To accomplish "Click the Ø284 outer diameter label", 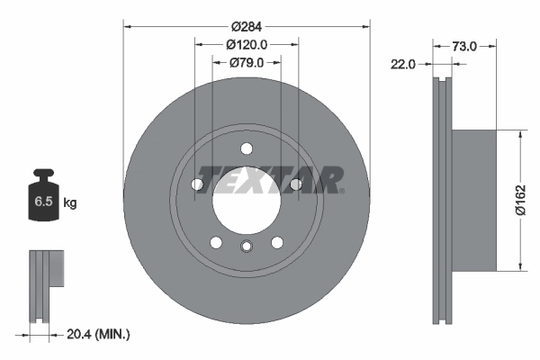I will pyautogui.click(x=247, y=26).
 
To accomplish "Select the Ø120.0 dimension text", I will pyautogui.click(x=247, y=44).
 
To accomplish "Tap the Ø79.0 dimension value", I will pyautogui.click(x=247, y=62).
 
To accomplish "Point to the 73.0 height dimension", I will pyautogui.click(x=463, y=45).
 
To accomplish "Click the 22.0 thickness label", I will pyautogui.click(x=402, y=63).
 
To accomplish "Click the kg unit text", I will pyautogui.click(x=70, y=203).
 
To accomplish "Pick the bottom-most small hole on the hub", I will pyautogui.click(x=246, y=247).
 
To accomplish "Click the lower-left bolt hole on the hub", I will pyautogui.click(x=215, y=241).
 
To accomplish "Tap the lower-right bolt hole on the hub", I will pyautogui.click(x=276, y=241).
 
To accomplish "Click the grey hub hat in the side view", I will pyautogui.click(x=472, y=200).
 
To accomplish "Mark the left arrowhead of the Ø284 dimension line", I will pyautogui.click(x=126, y=26).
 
